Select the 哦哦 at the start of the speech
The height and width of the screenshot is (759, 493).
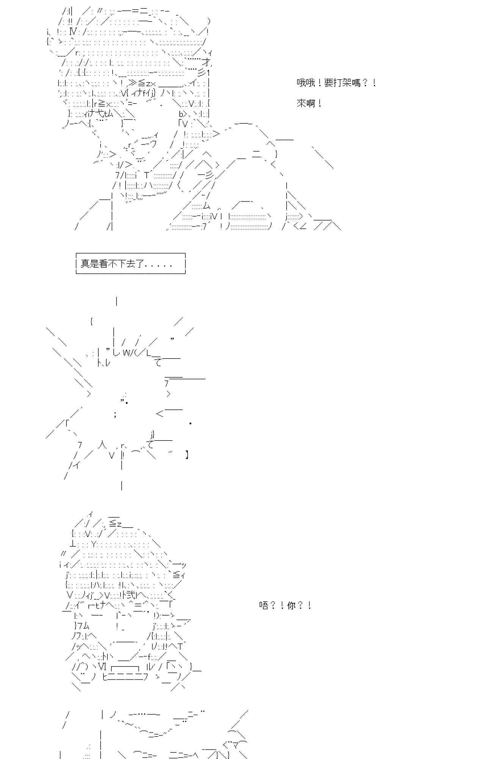[306, 83]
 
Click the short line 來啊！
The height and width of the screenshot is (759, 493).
[309, 103]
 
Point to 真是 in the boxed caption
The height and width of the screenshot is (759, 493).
[89, 264]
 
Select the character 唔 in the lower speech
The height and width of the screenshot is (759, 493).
[264, 605]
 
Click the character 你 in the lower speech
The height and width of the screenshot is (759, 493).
[291, 605]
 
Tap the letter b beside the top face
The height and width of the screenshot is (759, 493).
[181, 113]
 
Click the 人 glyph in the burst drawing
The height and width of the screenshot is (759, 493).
[102, 444]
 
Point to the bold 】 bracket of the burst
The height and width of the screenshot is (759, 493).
[187, 454]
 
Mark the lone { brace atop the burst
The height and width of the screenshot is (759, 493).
[91, 321]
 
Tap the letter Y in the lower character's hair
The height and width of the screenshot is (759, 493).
[94, 544]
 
